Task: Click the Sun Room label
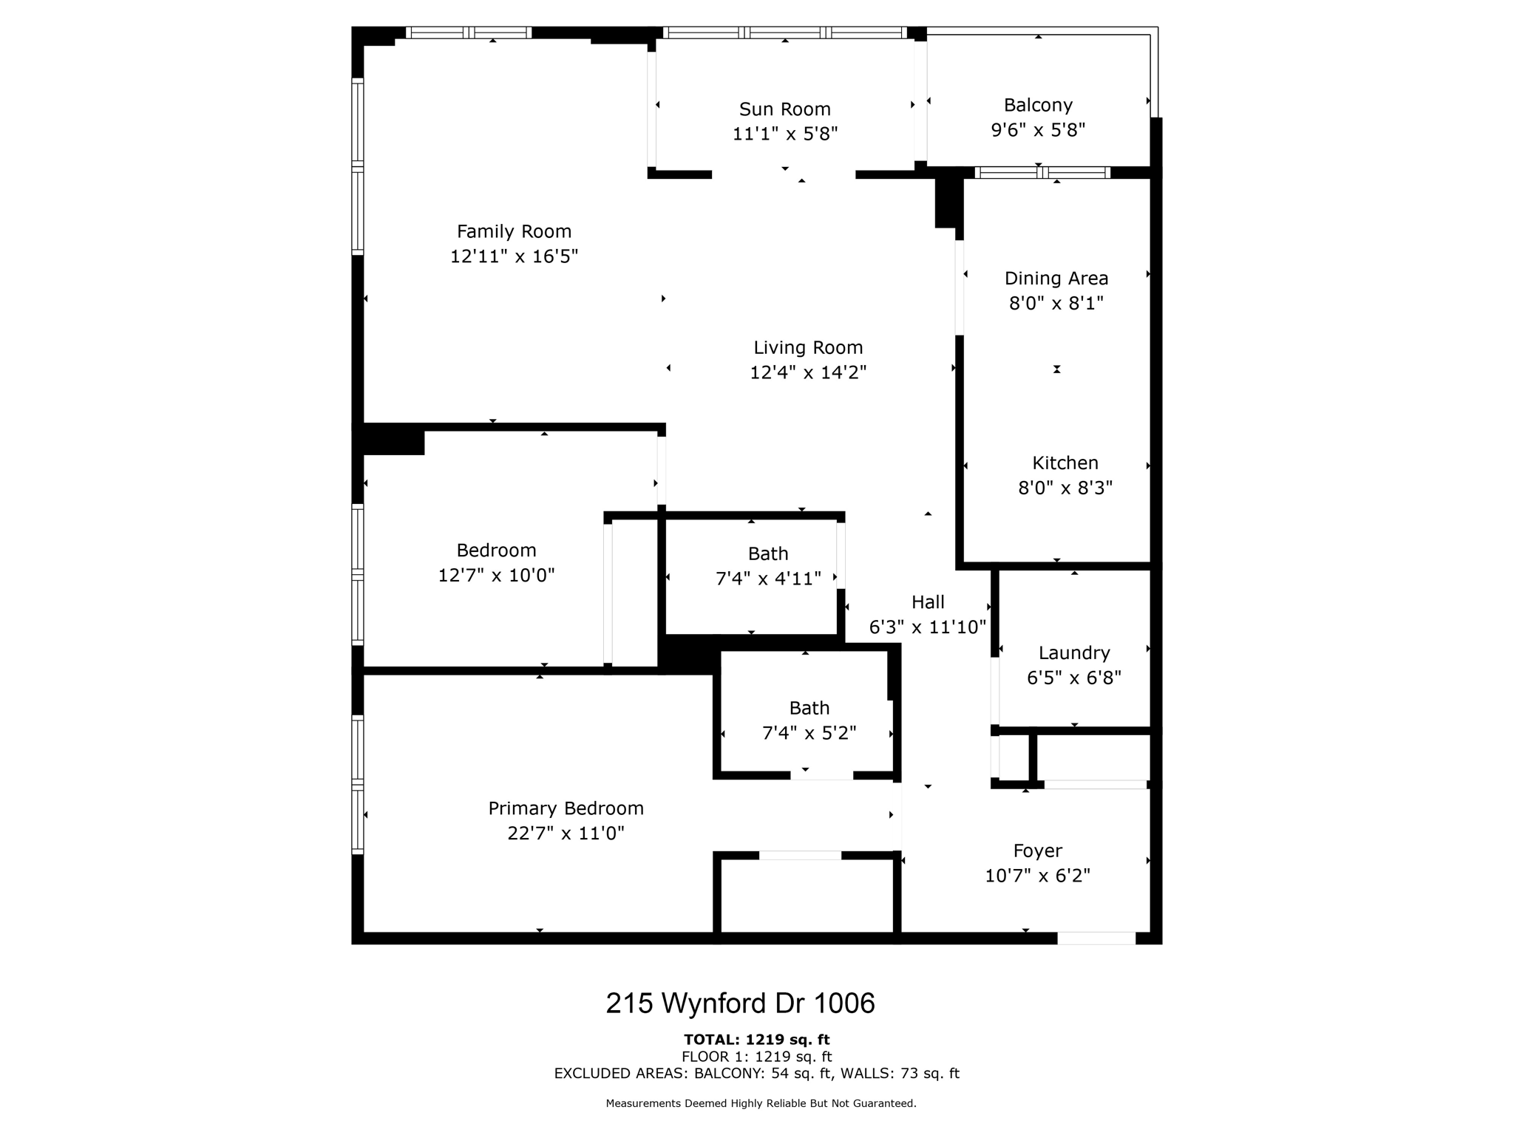click(784, 109)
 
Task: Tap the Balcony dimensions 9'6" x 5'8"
click(1037, 130)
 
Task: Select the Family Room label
click(514, 231)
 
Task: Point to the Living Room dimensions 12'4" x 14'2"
click(807, 372)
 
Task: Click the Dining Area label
click(1056, 279)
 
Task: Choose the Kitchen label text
click(1065, 463)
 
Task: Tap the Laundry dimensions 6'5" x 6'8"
click(1073, 678)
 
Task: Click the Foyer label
click(1037, 851)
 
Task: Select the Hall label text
click(928, 602)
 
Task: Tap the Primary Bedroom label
click(566, 808)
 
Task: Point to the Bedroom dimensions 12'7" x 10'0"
click(496, 576)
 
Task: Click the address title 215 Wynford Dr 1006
click(740, 1003)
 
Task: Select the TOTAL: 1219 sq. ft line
click(756, 1040)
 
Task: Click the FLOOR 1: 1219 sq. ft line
click(756, 1057)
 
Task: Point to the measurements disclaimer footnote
click(761, 1103)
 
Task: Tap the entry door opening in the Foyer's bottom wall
click(1096, 938)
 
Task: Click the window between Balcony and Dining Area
click(1042, 173)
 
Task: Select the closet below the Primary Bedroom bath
click(807, 896)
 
